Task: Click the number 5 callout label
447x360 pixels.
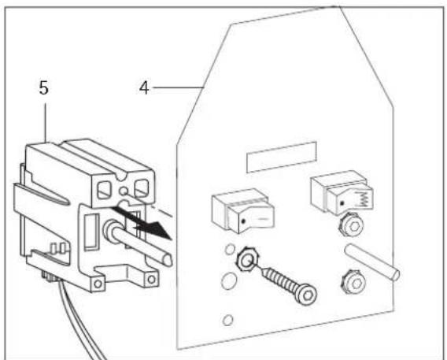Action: (x=45, y=86)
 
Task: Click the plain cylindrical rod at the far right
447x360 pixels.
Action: (x=374, y=262)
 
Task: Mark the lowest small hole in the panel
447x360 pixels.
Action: (x=227, y=320)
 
